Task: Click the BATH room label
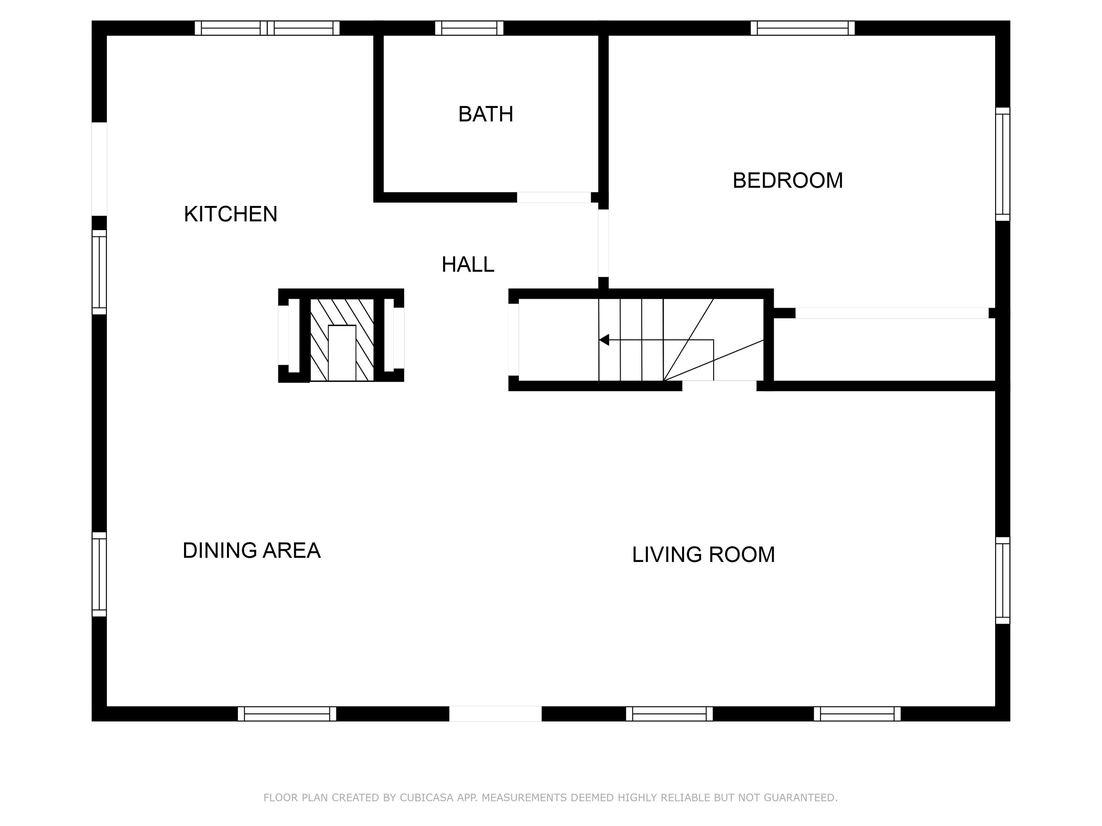[x=485, y=114]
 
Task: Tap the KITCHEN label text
[x=230, y=214]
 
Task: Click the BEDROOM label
[x=787, y=180]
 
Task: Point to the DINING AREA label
[x=251, y=550]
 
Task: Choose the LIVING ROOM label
[x=703, y=554]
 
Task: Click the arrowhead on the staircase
[x=604, y=340]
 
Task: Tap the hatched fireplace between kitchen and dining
[x=342, y=340]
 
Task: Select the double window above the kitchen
[x=267, y=28]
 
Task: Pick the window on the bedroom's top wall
[x=802, y=28]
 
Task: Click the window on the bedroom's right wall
[x=1002, y=164]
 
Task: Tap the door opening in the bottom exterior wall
[x=495, y=713]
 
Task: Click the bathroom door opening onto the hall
[x=554, y=197]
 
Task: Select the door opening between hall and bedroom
[x=603, y=243]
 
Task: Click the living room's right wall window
[x=1002, y=580]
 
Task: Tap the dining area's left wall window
[x=99, y=574]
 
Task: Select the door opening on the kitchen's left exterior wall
[x=99, y=169]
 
